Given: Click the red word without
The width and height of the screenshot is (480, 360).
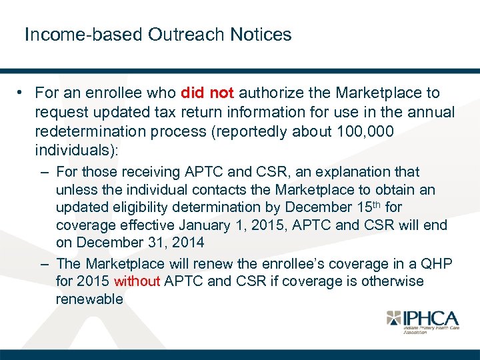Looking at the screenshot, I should (137, 281).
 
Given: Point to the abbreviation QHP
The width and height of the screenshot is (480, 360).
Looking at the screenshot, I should (437, 264).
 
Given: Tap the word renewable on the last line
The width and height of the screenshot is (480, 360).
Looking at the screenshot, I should (89, 299).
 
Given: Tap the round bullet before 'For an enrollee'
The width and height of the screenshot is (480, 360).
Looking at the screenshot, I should (22, 93).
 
